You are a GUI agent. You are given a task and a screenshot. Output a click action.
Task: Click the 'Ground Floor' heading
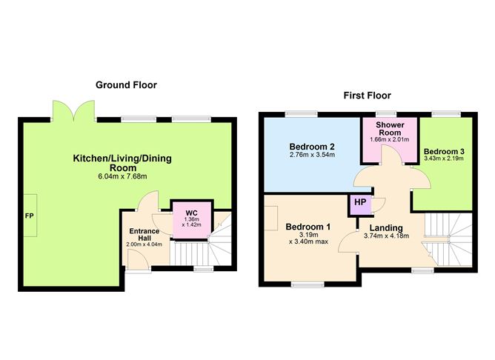point(126,85)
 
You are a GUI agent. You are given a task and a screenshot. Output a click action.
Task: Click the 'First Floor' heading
point(366,96)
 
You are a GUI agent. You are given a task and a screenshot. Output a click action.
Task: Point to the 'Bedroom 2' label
point(312,145)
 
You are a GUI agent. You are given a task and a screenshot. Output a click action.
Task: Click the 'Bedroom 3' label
point(442,149)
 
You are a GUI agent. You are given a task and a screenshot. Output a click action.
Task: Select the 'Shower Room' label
point(389,128)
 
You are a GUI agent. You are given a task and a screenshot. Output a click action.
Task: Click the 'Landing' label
point(385,227)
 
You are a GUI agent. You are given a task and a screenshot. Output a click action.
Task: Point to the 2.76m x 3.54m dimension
point(312,156)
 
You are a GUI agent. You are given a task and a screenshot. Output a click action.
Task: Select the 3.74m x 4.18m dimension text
point(385,237)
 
